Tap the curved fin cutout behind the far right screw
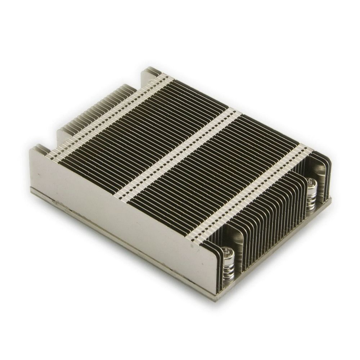pos(319,169)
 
